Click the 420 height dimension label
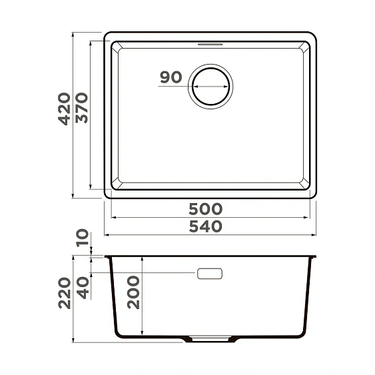[63, 109]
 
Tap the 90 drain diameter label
[171, 78]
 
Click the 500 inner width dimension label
[210, 209]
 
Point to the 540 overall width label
[210, 226]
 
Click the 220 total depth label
[63, 294]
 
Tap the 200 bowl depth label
[134, 292]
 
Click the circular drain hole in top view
[210, 87]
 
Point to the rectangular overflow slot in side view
[210, 273]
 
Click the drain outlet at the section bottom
[210, 339]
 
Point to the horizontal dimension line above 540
[210, 234]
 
